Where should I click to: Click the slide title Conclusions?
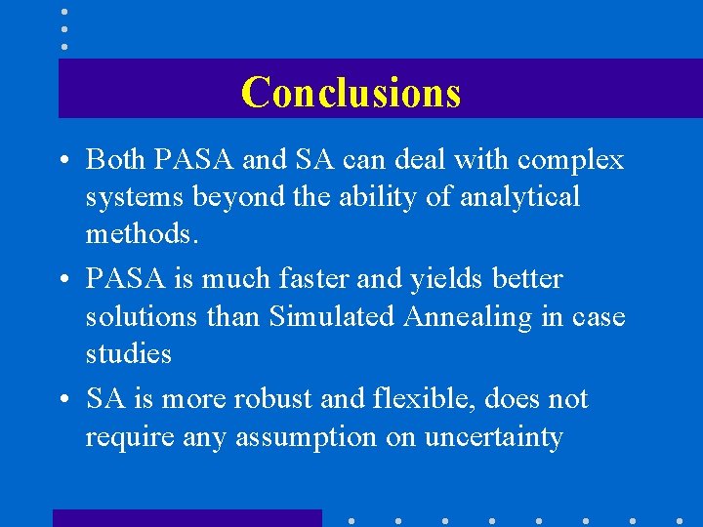(351, 92)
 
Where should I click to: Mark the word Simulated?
(335, 317)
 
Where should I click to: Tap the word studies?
(128, 353)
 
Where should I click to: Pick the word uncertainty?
(493, 437)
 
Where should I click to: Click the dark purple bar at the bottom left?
(186, 517)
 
